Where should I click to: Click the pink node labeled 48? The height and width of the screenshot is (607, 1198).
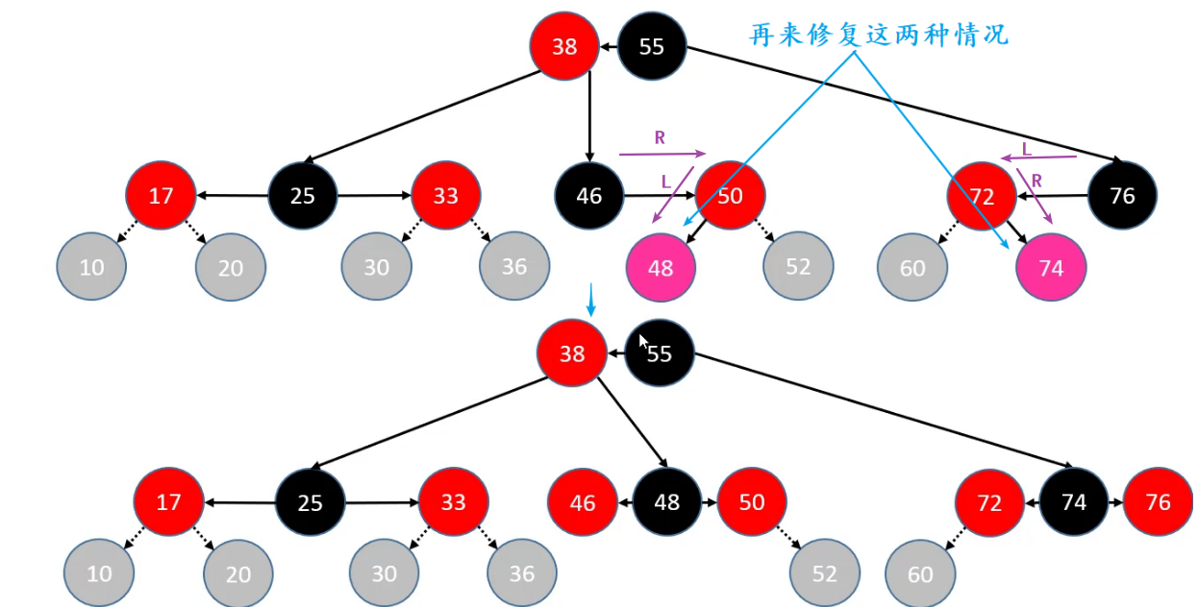[661, 268]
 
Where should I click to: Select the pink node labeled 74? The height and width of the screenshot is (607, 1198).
[1051, 268]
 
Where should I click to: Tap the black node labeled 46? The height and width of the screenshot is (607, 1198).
[588, 196]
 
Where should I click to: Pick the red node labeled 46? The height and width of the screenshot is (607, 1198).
[583, 502]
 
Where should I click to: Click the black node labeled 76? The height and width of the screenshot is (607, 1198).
[1122, 196]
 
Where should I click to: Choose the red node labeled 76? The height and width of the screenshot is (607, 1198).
[1158, 502]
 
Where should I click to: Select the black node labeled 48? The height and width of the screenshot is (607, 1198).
[667, 502]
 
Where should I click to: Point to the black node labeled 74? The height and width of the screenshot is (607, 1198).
[1074, 502]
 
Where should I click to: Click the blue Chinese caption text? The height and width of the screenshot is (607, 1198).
[879, 36]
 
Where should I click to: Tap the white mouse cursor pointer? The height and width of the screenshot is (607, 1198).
[643, 343]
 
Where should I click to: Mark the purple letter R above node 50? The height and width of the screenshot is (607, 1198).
[660, 137]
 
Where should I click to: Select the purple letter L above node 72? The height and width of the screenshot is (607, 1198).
[1027, 148]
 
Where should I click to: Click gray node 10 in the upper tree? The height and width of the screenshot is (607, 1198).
[91, 267]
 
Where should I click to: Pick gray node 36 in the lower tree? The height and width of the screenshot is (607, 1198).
[522, 573]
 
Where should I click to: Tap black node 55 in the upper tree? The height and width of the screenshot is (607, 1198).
[652, 46]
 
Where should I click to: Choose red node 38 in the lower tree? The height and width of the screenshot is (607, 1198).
[572, 353]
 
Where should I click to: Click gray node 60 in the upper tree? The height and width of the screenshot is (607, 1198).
[912, 267]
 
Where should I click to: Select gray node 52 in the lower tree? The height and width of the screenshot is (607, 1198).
[825, 573]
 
